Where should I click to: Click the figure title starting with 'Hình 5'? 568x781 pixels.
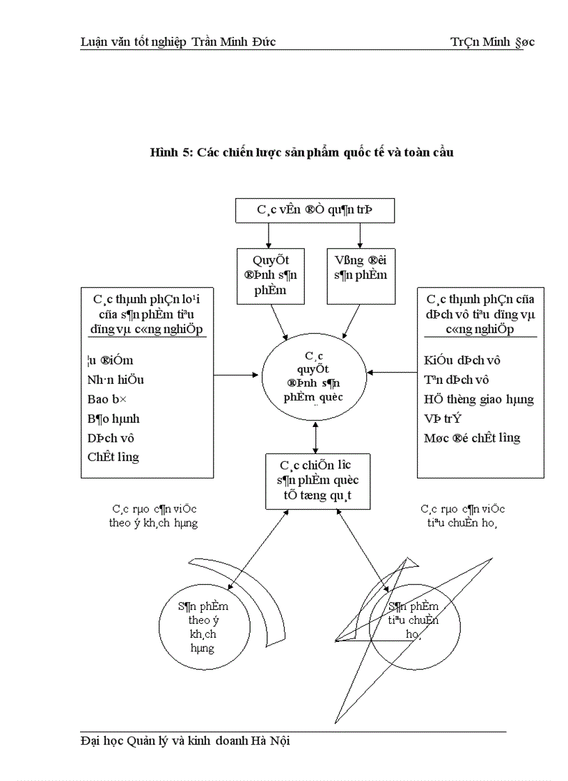click(x=302, y=152)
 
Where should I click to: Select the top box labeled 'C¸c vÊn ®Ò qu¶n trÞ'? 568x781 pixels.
click(x=315, y=209)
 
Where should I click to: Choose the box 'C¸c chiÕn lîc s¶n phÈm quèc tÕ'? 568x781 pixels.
click(x=317, y=481)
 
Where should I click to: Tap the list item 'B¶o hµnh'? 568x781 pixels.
click(x=113, y=419)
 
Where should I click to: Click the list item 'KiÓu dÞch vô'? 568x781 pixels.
click(x=462, y=360)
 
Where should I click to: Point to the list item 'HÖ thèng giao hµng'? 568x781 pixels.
click(x=479, y=399)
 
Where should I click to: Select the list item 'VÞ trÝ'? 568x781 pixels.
click(x=443, y=419)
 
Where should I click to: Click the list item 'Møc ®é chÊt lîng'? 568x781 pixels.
click(x=472, y=438)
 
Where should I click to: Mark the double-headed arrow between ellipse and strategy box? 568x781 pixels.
click(x=316, y=437)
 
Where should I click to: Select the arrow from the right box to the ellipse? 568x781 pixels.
click(x=392, y=372)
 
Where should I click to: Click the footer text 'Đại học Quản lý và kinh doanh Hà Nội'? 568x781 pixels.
click(x=185, y=741)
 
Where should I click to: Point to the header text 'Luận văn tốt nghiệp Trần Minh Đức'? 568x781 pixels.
click(x=178, y=42)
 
